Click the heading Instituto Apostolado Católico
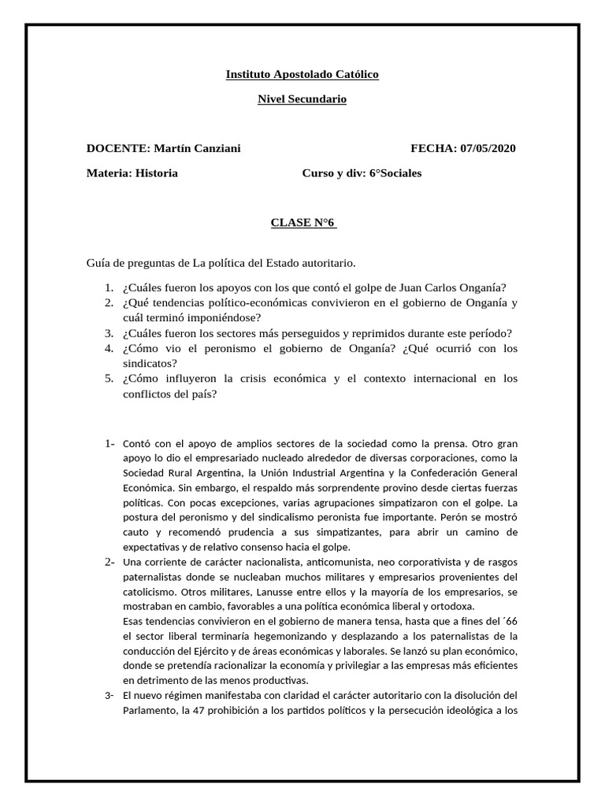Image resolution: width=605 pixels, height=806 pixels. [x=302, y=74]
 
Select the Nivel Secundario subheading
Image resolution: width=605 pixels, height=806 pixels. [x=302, y=99]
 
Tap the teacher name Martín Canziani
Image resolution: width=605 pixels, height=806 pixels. [x=197, y=148]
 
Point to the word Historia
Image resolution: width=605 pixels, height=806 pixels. [x=156, y=173]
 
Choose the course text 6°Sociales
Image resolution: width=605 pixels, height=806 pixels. [x=395, y=173]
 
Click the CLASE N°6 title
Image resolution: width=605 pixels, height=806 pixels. [x=303, y=223]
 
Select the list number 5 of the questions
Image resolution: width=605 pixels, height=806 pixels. [x=109, y=379]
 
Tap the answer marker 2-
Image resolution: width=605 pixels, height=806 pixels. [x=109, y=561]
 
